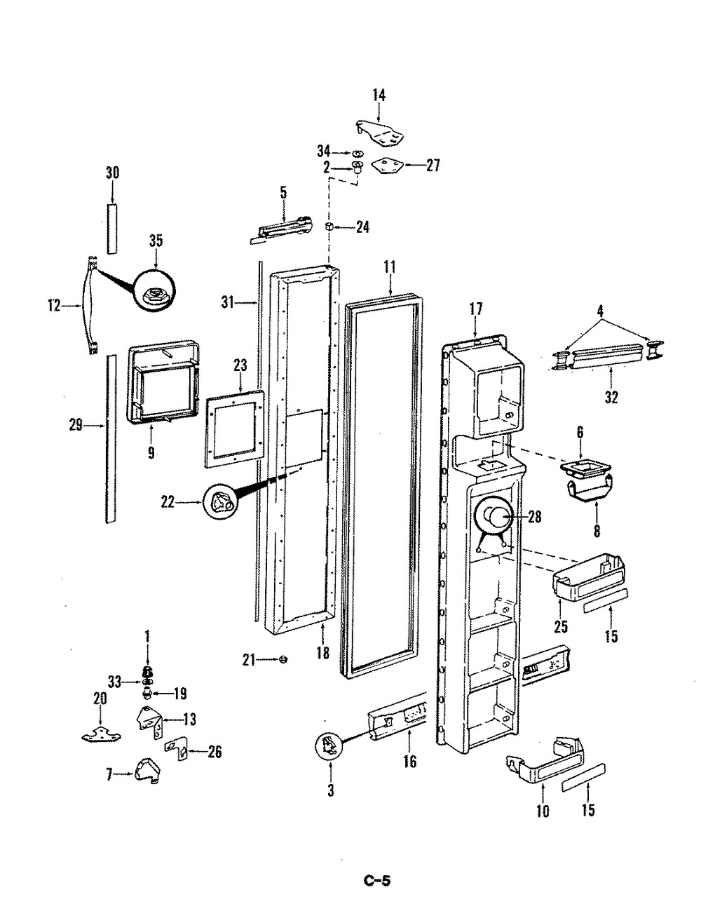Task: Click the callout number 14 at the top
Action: point(379,95)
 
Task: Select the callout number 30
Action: point(112,173)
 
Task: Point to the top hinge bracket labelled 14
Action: point(380,134)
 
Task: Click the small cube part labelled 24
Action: point(329,227)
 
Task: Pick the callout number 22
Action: point(168,502)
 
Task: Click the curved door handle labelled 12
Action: point(90,306)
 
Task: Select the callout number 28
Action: point(535,517)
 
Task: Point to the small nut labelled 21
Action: point(284,659)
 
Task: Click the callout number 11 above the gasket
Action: point(389,267)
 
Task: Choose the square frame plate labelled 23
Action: point(235,428)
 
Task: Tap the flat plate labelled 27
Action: point(387,166)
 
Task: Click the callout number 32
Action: point(611,397)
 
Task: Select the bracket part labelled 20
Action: point(101,734)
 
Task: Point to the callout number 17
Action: point(476,309)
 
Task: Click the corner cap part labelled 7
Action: point(147,769)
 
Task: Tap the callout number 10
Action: point(543,811)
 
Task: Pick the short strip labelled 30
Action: point(111,229)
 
